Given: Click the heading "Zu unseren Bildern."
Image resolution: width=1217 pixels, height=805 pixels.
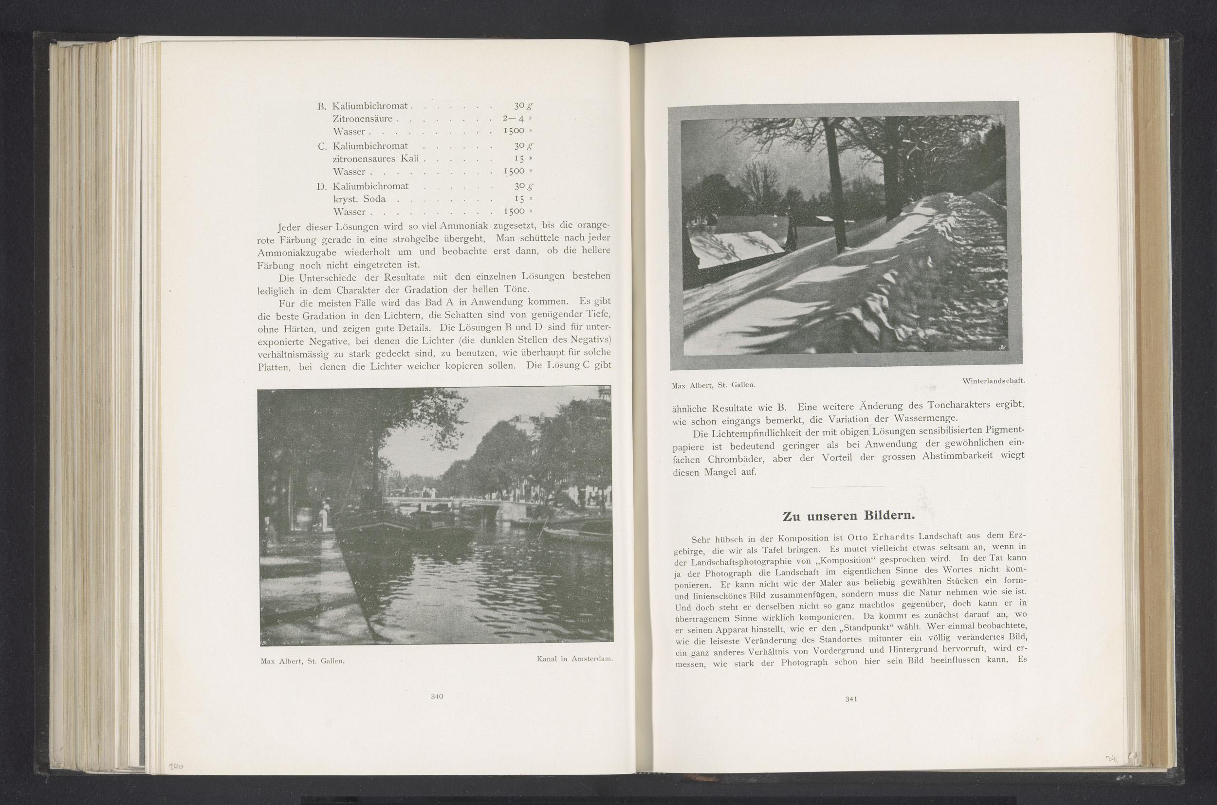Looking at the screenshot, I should pos(848,516).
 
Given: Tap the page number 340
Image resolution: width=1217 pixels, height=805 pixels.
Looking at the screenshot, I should pos(437,697).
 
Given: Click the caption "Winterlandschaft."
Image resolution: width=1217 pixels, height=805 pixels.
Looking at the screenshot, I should pos(994,381).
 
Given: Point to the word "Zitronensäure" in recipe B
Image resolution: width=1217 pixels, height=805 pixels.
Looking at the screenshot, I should pos(362,119).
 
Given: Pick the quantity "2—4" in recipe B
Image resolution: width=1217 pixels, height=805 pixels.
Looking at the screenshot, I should pos(513,119).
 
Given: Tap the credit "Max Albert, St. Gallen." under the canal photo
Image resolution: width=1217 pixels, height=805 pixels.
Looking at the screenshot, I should pos(302,661).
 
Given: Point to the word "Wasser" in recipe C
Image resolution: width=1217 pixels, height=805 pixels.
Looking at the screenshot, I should pos(349,172).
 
